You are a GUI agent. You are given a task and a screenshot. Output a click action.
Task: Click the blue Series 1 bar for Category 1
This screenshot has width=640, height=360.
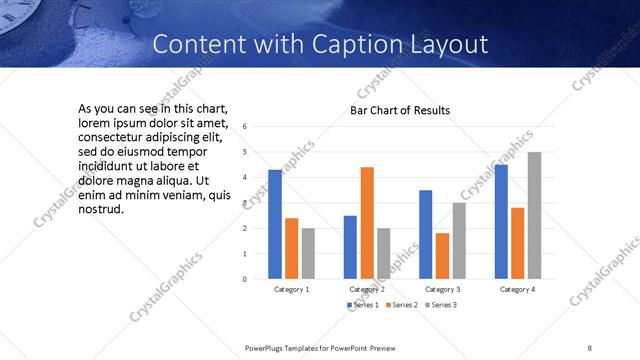click(275, 224)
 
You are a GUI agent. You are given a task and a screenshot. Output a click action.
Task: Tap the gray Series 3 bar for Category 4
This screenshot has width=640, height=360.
click(534, 215)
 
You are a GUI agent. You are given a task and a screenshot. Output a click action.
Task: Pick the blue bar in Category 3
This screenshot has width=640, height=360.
click(425, 234)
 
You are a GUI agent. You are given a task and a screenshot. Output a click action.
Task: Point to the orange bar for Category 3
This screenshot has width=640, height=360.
click(442, 256)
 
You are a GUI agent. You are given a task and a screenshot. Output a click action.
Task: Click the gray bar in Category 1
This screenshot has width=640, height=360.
click(308, 253)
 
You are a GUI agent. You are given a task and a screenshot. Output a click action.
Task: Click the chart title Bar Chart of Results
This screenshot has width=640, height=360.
click(399, 110)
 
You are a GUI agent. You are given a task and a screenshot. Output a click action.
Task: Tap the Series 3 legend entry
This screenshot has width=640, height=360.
click(441, 304)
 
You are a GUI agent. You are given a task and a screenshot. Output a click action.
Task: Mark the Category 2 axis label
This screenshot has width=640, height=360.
click(367, 289)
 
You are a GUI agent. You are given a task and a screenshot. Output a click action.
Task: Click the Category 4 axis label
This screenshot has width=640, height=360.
click(517, 289)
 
